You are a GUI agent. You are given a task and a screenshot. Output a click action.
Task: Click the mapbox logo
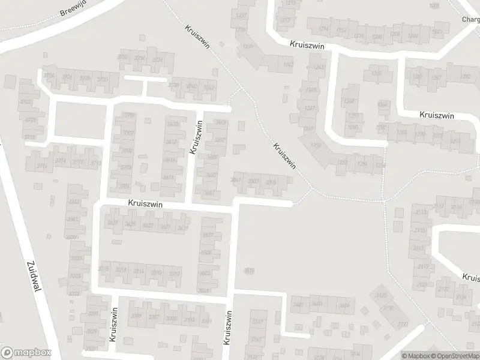pos(26,353)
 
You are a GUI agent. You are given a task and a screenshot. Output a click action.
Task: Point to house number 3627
pos(113,224)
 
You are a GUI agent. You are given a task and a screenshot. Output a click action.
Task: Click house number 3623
pos(148,226)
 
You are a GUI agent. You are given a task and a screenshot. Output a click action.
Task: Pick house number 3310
pos(174,273)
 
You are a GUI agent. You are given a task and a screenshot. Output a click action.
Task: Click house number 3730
pos(103,79)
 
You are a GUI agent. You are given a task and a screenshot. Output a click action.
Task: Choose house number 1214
pos(325,29)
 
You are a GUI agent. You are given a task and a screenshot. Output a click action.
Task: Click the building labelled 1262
pos(376,73)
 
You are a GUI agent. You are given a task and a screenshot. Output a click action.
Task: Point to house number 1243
pos(318,67)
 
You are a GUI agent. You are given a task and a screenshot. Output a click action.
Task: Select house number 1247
pos(310,109)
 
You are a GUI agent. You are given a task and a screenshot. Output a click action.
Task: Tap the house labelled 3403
pos(317,304)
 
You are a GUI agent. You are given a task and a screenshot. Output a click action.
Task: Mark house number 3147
pos(257,322)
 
